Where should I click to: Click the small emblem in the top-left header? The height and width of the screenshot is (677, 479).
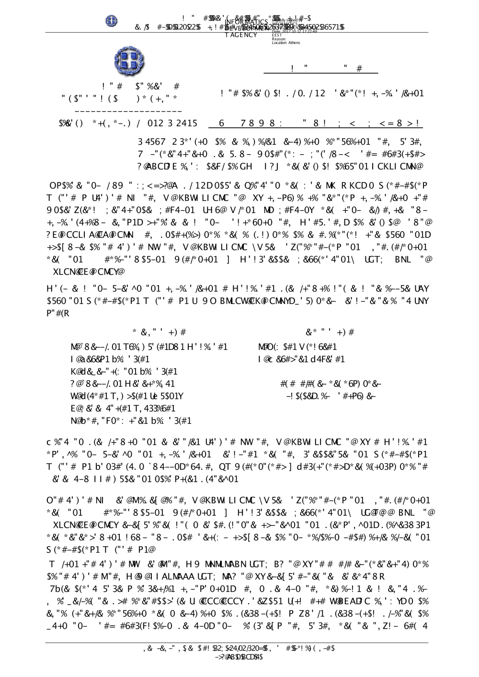coord(112,21)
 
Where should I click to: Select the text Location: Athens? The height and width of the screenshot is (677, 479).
coord(286,43)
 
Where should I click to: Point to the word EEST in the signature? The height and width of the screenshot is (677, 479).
coord(276,35)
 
